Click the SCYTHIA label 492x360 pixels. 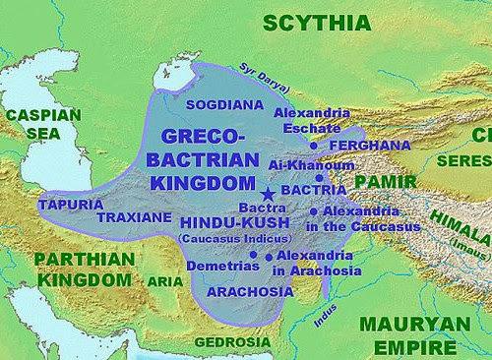coord(308,23)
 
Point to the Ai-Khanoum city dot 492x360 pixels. coord(319,178)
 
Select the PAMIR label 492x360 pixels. coord(380,182)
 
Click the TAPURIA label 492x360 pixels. coord(70,204)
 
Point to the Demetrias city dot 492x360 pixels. coord(253,255)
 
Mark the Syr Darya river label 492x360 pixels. coord(258,72)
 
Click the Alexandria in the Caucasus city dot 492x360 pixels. coord(313,211)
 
